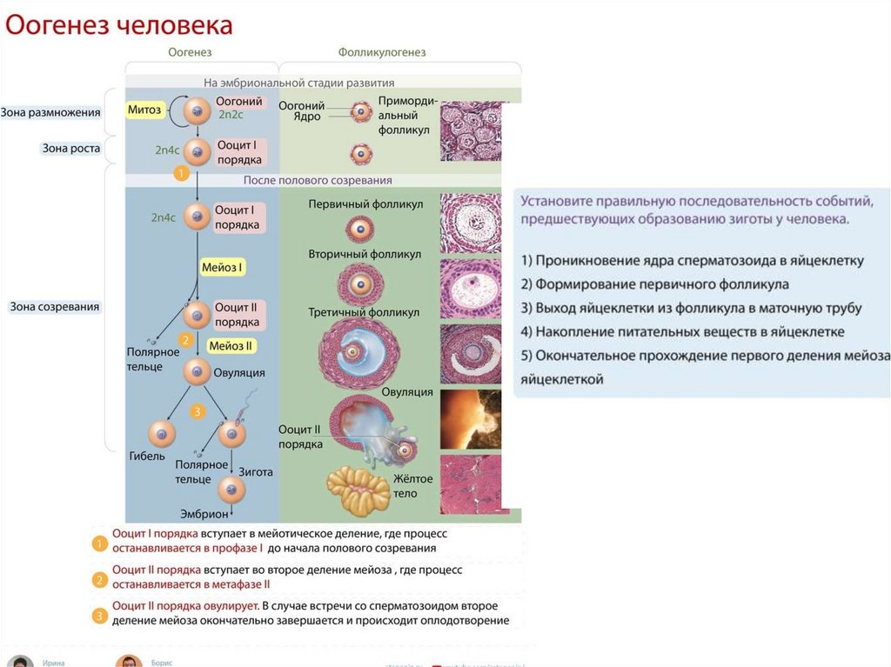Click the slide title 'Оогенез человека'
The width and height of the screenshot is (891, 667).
[120, 25]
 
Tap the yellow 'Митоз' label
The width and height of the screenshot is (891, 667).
[145, 110]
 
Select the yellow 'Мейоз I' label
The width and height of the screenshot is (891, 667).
[223, 268]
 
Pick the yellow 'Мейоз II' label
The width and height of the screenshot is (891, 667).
[231, 345]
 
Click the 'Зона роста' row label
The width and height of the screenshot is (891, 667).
[71, 149]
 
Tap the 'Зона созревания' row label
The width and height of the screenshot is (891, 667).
[55, 307]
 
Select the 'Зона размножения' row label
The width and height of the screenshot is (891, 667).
[50, 112]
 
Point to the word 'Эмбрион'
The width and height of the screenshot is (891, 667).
[204, 514]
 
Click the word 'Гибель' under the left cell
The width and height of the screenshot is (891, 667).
[147, 457]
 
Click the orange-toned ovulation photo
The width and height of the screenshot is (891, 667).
[471, 419]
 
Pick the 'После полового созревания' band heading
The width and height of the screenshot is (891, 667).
[317, 180]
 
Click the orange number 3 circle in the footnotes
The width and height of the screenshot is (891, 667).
[100, 615]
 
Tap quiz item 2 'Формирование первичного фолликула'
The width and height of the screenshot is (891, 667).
[654, 283]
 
